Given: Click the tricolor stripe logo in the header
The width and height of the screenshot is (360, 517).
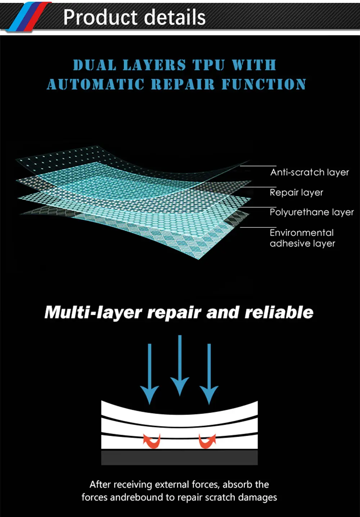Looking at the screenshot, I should click(x=29, y=16).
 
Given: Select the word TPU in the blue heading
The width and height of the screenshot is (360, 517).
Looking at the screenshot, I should click(x=209, y=65).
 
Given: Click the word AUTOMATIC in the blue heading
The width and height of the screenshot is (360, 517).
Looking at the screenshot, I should click(x=95, y=85).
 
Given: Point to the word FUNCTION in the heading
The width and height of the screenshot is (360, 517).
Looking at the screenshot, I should click(x=264, y=85).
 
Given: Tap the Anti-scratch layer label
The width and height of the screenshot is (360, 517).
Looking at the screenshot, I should click(x=310, y=172).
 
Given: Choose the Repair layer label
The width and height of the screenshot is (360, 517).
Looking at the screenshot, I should click(x=296, y=192).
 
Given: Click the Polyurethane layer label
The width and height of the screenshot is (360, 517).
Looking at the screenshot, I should click(x=312, y=212).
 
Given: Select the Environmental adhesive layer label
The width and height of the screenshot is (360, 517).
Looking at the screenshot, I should click(x=302, y=238).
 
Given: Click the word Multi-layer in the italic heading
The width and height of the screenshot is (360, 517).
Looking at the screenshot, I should click(x=93, y=312).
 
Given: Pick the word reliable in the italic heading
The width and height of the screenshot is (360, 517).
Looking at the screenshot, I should click(x=279, y=312).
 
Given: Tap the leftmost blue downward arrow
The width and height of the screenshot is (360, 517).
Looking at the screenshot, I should click(x=149, y=374).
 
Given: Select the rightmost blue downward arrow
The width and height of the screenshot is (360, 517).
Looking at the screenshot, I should click(x=209, y=374).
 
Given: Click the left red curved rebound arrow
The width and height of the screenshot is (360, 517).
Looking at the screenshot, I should click(x=152, y=441).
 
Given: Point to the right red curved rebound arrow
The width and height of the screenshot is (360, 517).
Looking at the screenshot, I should click(x=207, y=441).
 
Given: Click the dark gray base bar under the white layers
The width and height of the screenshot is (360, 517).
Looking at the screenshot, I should click(x=179, y=457).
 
